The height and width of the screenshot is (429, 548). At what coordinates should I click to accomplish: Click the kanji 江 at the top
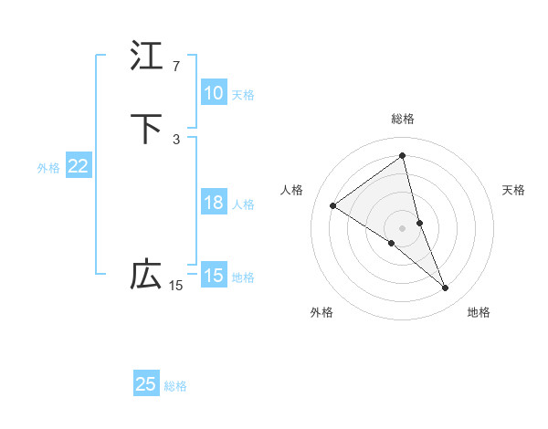pyautogui.click(x=146, y=57)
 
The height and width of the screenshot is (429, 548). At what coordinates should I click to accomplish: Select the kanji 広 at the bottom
pyautogui.click(x=146, y=275)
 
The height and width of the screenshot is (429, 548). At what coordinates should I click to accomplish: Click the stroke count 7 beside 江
pyautogui.click(x=176, y=67)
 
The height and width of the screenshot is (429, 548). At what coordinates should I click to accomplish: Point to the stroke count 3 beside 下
pyautogui.click(x=176, y=139)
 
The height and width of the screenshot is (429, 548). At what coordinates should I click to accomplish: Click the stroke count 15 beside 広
pyautogui.click(x=176, y=286)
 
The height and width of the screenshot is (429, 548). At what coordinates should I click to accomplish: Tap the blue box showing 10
pyautogui.click(x=214, y=93)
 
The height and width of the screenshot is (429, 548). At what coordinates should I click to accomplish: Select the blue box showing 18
pyautogui.click(x=214, y=203)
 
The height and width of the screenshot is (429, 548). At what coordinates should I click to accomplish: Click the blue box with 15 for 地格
pyautogui.click(x=214, y=276)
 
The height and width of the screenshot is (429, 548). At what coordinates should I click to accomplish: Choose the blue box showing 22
pyautogui.click(x=79, y=166)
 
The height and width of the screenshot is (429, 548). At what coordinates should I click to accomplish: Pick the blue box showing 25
pyautogui.click(x=146, y=384)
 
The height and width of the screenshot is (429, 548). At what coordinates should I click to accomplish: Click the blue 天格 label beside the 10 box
pyautogui.click(x=243, y=94)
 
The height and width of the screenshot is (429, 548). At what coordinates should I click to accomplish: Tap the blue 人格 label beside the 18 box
pyautogui.click(x=243, y=204)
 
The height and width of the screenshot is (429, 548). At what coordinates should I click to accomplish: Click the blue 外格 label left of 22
pyautogui.click(x=48, y=167)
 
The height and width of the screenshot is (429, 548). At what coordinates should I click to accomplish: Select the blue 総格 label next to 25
pyautogui.click(x=175, y=386)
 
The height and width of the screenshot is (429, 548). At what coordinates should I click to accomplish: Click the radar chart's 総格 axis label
pyautogui.click(x=403, y=119)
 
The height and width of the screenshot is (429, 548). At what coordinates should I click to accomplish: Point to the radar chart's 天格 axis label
pyautogui.click(x=514, y=190)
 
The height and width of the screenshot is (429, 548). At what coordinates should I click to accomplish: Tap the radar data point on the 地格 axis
pyautogui.click(x=446, y=288)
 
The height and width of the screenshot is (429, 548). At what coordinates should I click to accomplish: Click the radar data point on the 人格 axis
pyautogui.click(x=333, y=205)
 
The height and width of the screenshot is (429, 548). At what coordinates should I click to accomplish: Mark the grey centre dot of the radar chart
pyautogui.click(x=403, y=227)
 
